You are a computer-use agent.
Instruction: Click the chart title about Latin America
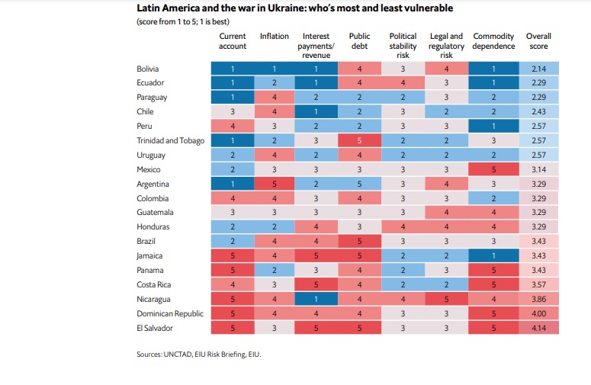294,8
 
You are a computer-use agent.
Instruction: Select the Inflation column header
274,36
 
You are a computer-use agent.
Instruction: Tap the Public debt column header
359,40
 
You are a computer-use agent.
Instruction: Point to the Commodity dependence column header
493,40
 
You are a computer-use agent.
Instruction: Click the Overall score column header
538,40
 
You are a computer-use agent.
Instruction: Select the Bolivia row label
147,69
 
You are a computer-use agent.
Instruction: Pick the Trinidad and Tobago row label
170,141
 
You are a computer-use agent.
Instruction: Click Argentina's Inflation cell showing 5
274,184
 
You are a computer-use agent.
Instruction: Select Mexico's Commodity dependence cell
493,169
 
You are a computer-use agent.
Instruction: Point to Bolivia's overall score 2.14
538,69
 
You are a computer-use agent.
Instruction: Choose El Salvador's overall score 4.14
538,328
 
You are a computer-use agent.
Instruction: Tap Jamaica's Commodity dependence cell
493,255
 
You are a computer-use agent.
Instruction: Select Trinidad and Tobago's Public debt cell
359,141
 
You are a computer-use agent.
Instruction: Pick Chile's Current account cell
233,112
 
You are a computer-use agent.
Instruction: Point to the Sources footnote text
204,355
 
